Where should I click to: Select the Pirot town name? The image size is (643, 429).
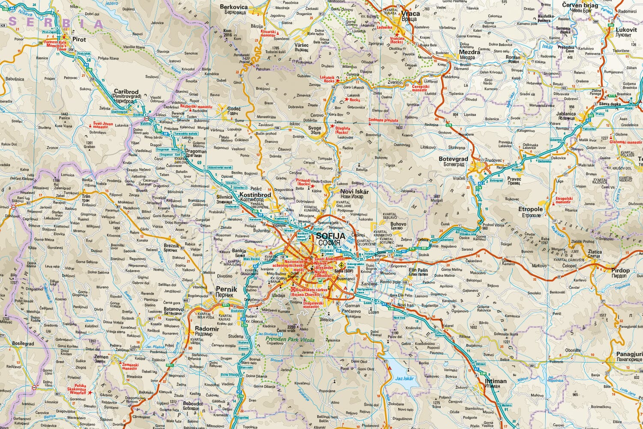click(x=79, y=39)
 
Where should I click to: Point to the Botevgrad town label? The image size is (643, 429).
click(x=453, y=159)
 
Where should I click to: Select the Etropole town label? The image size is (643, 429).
click(x=531, y=209)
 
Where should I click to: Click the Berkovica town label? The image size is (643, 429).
click(x=234, y=7)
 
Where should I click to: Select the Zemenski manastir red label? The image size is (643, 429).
click(x=129, y=366)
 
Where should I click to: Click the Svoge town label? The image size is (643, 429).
click(x=315, y=128)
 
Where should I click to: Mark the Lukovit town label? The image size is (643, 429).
click(x=626, y=30)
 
